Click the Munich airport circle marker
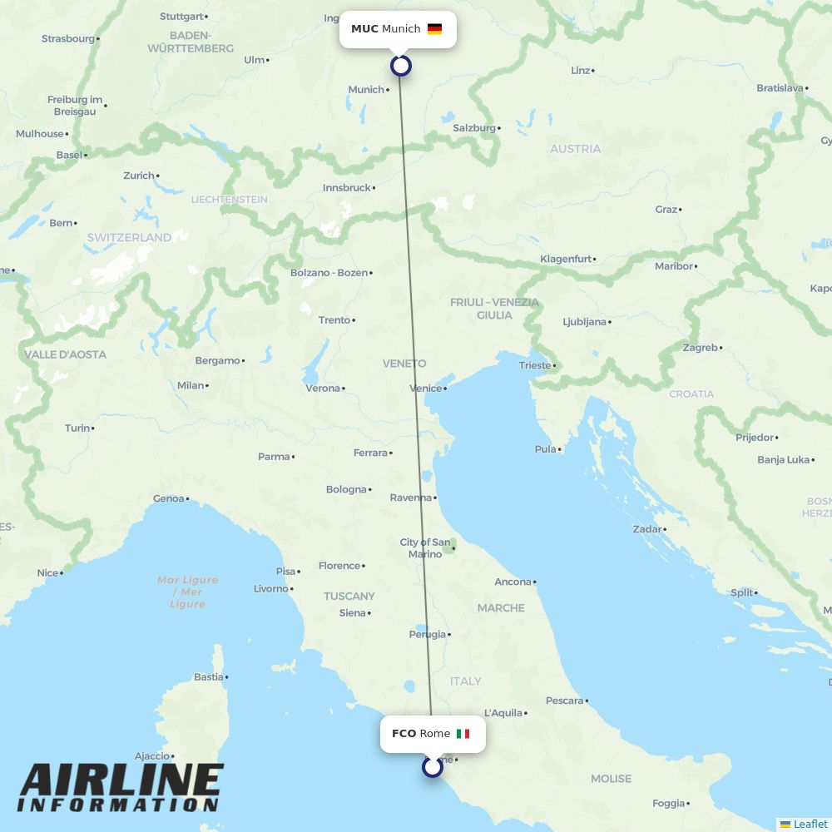click(x=401, y=66)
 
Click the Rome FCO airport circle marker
click(x=432, y=766)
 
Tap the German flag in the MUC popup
click(x=434, y=29)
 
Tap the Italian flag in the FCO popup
click(x=463, y=734)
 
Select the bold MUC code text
click(x=364, y=29)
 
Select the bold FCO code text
click(x=404, y=734)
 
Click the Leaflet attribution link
click(x=810, y=824)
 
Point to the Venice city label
click(x=426, y=389)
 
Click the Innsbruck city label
click(x=347, y=188)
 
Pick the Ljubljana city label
click(x=585, y=322)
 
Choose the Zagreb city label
click(x=700, y=348)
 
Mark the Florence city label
click(x=339, y=566)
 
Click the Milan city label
click(x=191, y=385)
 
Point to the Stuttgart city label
click(x=181, y=17)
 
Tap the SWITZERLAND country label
click(x=129, y=237)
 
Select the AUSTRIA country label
click(x=575, y=149)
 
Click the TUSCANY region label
click(x=349, y=596)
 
